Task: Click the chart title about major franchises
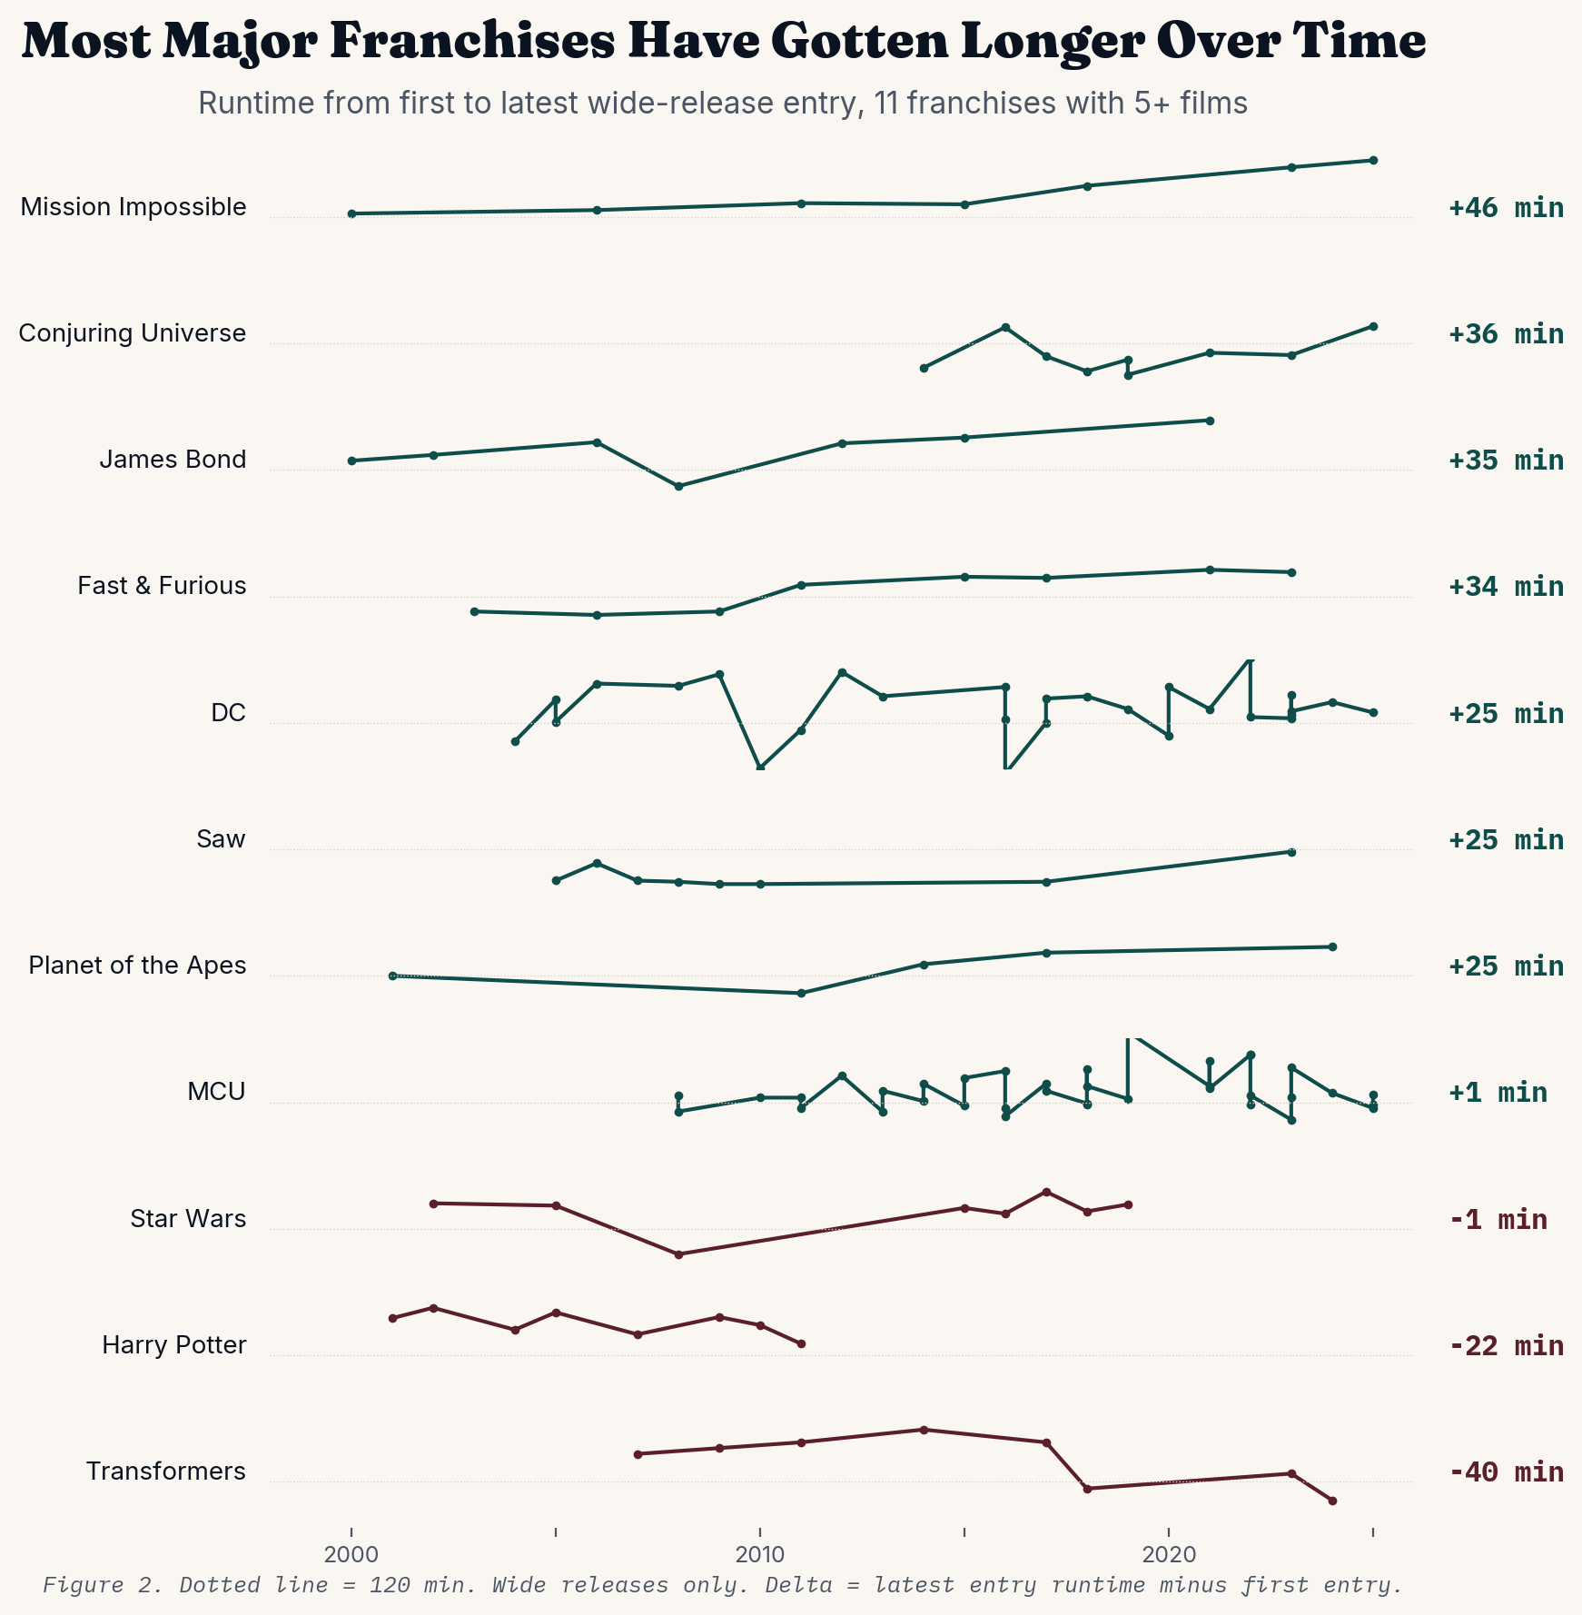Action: point(723,42)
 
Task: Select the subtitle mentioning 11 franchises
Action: point(722,104)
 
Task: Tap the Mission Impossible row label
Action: point(133,207)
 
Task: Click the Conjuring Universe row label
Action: point(133,333)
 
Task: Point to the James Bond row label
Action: point(173,460)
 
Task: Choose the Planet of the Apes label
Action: point(137,965)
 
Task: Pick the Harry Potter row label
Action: point(173,1344)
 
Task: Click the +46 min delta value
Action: point(1506,209)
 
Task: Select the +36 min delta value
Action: point(1506,335)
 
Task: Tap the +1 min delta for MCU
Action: point(1498,1093)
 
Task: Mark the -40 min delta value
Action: point(1506,1472)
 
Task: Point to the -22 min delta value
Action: point(1506,1346)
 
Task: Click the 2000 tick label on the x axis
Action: point(351,1555)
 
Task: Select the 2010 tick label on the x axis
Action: point(760,1555)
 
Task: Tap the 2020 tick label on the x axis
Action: point(1169,1555)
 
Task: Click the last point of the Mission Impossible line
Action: point(1373,160)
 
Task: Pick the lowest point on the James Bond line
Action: point(678,486)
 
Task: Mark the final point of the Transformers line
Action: point(1332,1501)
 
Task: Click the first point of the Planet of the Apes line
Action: point(392,976)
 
